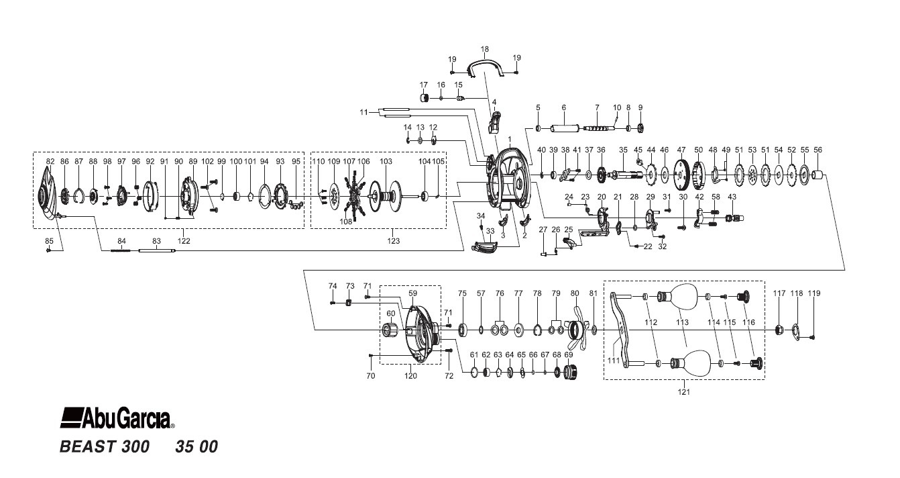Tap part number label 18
485,49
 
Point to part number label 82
50,162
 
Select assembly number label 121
684,392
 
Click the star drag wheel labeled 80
576,329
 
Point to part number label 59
412,293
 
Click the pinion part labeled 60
390,330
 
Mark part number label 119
813,293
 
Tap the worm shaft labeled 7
597,128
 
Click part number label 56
818,150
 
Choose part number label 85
49,240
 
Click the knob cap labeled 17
425,98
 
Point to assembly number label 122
184,240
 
